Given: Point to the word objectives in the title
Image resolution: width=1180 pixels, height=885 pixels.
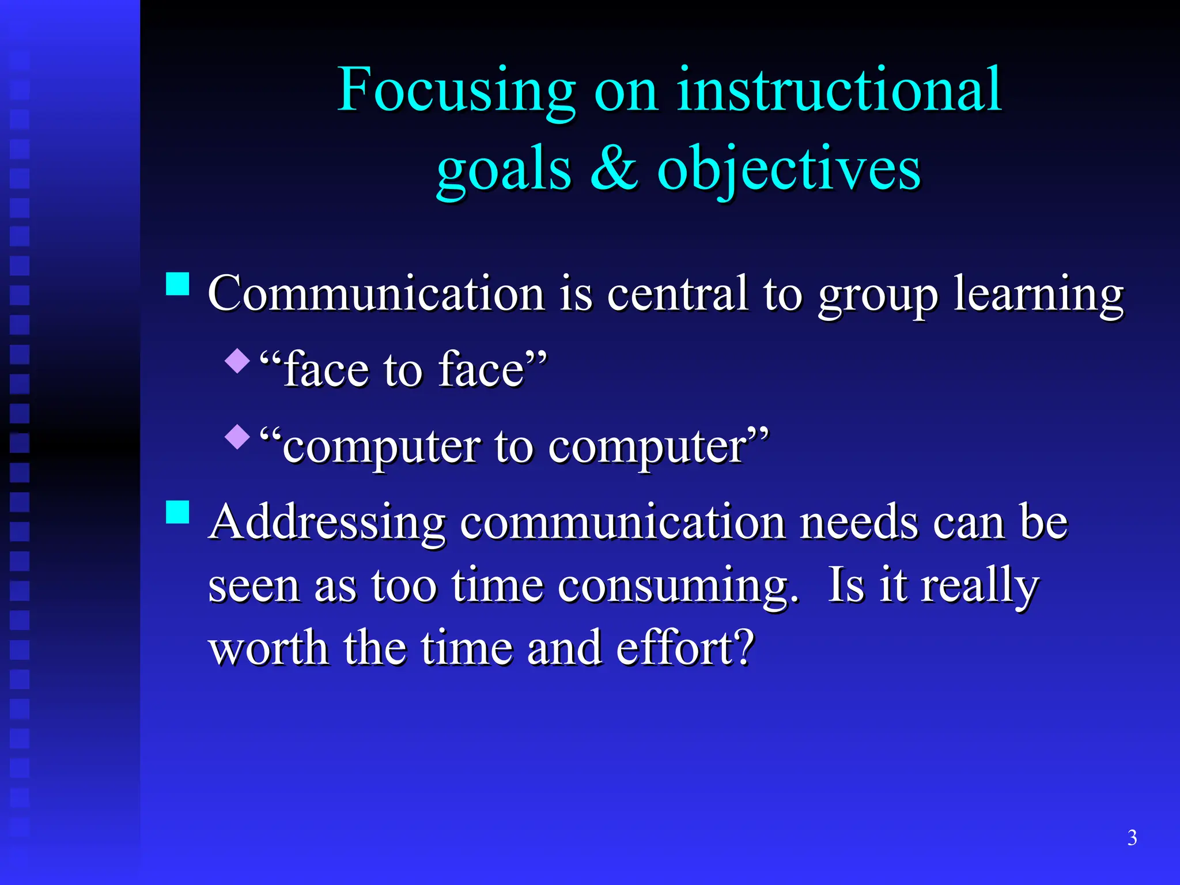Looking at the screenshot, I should tap(789, 170).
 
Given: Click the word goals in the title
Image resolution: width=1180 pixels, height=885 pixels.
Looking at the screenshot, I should tap(504, 171).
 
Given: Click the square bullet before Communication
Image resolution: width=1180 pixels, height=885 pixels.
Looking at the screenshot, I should tap(177, 283).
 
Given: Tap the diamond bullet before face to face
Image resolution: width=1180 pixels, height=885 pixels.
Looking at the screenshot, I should tap(237, 361).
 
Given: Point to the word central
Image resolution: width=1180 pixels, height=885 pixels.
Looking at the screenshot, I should tap(678, 293).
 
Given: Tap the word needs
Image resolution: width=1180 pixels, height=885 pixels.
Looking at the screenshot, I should tap(859, 522).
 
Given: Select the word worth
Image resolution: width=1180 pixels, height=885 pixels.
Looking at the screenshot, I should tap(268, 648).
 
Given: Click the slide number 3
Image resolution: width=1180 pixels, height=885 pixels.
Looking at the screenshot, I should tap(1132, 837).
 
